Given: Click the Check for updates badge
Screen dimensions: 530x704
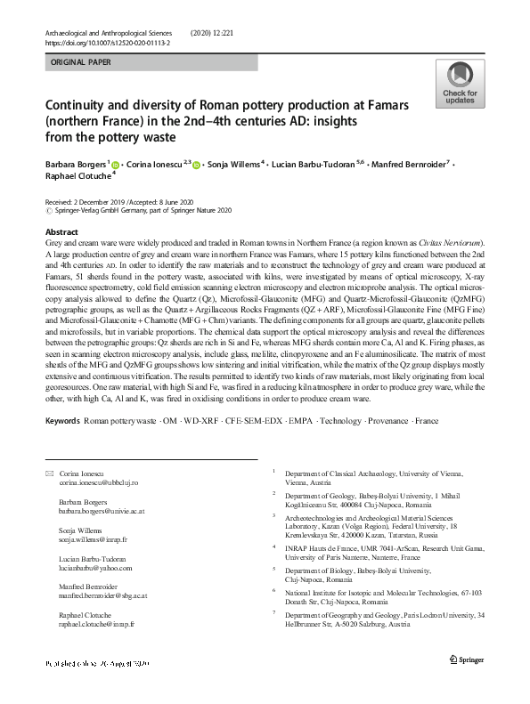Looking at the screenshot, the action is pos(460,83).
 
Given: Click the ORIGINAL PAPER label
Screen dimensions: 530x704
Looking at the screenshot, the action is pos(82,63).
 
